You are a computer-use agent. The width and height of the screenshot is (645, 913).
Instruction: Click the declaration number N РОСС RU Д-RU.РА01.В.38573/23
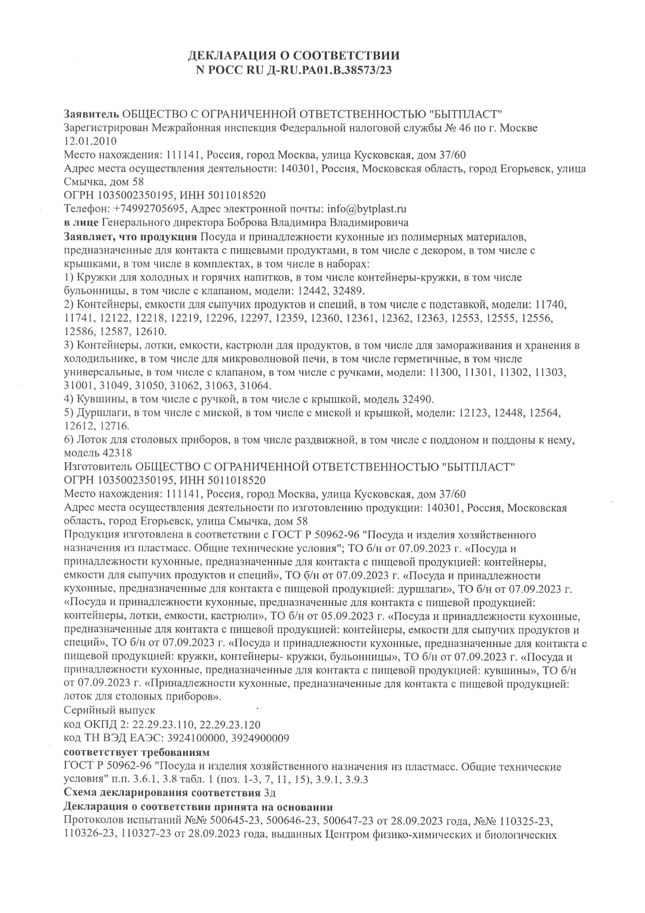(x=293, y=70)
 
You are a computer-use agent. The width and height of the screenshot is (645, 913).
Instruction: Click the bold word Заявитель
(x=91, y=114)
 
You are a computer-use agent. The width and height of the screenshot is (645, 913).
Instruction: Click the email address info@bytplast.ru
(x=367, y=209)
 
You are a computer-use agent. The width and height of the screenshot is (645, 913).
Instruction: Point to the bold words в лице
(x=81, y=223)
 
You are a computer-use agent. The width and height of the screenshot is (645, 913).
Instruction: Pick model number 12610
(x=149, y=332)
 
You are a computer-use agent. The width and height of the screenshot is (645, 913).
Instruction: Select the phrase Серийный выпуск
(x=109, y=711)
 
